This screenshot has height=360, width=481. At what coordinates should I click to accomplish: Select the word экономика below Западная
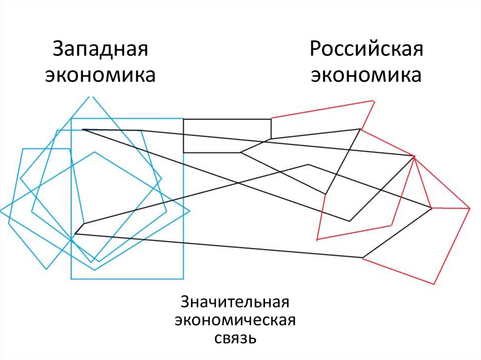(101, 75)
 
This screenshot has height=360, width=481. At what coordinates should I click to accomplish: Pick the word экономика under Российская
(366, 75)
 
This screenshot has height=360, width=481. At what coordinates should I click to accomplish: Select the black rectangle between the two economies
(227, 136)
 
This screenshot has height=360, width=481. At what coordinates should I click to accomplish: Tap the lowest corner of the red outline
(434, 284)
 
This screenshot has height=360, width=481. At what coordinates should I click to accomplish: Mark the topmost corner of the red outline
(374, 100)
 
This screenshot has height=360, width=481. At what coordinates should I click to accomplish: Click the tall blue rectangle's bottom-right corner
(183, 279)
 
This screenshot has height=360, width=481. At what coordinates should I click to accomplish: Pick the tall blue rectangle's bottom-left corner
(71, 279)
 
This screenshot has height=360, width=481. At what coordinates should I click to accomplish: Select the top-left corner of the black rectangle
(183, 119)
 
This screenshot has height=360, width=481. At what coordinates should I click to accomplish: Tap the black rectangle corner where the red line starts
(271, 119)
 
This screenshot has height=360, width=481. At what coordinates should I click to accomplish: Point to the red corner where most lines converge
(414, 156)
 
